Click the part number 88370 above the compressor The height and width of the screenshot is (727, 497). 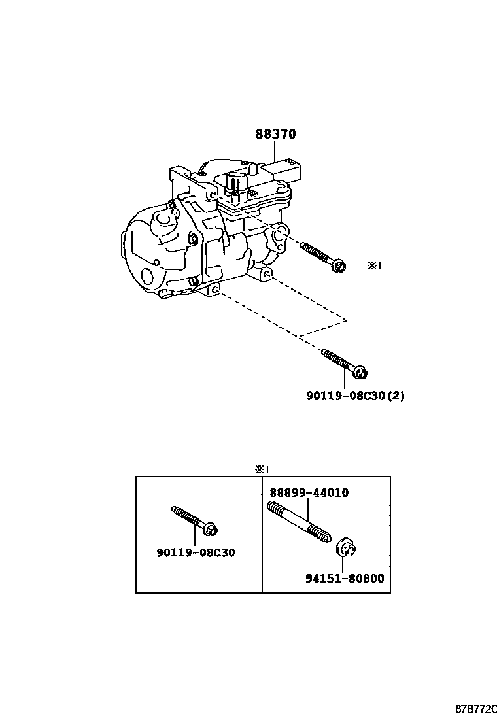(275, 134)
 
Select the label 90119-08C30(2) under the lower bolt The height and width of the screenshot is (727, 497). (354, 396)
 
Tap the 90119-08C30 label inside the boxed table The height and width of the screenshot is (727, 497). (196, 552)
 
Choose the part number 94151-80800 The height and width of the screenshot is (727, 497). (345, 578)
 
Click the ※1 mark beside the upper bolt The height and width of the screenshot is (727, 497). (373, 265)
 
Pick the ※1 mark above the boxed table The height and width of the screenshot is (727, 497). (262, 469)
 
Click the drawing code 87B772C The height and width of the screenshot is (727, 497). (475, 709)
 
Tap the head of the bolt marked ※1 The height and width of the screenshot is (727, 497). (339, 265)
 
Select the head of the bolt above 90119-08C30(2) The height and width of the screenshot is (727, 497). (360, 373)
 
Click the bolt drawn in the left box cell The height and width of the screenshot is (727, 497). (195, 520)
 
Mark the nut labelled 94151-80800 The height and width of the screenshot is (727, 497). (346, 550)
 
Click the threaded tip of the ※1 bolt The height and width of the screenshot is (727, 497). (305, 246)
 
